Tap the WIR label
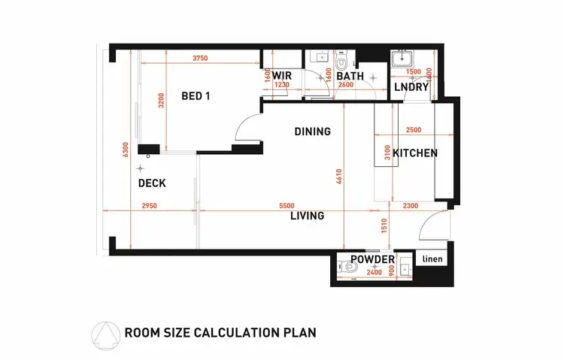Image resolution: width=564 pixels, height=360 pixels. coord(282,76)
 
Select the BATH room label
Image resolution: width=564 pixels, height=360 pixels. coord(350,76)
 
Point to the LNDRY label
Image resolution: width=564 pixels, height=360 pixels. coord(411,87)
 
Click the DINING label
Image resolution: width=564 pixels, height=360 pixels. coord(312,132)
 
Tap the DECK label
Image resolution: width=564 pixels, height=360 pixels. coord(152,183)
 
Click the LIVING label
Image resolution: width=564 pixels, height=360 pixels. coord(307,216)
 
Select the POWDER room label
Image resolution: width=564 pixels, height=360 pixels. coord(373,259)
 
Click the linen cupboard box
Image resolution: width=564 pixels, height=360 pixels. coord(433,259)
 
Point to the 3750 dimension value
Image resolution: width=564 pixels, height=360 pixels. coord(199,59)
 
